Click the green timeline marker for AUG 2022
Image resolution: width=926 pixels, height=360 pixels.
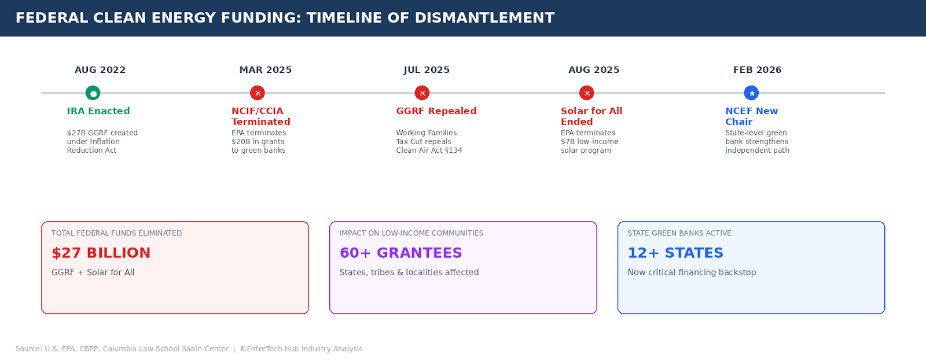pos(93,93)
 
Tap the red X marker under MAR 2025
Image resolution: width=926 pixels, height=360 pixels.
pos(258,93)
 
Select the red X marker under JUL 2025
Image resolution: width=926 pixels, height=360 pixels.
pos(422,93)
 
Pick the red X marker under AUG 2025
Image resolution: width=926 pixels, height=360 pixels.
pos(587,93)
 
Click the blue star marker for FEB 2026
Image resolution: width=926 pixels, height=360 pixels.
pos(751,93)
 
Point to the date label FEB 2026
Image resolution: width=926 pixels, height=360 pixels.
pos(757,70)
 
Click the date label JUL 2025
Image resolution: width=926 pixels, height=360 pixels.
pos(427,70)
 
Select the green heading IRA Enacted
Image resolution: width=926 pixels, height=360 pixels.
pos(98,111)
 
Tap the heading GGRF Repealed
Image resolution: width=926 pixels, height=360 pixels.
pos(436,111)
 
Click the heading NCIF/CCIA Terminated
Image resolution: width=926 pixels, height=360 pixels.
pos(260,116)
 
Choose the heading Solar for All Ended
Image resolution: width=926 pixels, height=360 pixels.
pos(591,116)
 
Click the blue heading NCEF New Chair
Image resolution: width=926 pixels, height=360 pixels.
pos(751,116)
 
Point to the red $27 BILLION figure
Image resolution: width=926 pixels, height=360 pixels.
pos(101,253)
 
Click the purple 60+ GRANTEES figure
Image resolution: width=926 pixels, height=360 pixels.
pos(400,253)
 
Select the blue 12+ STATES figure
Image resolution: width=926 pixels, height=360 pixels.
pos(675,253)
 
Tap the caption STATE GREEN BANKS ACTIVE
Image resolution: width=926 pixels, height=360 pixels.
pos(679,233)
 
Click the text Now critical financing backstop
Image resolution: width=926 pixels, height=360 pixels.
pos(692,273)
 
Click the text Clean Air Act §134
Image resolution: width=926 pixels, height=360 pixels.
pos(429,150)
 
